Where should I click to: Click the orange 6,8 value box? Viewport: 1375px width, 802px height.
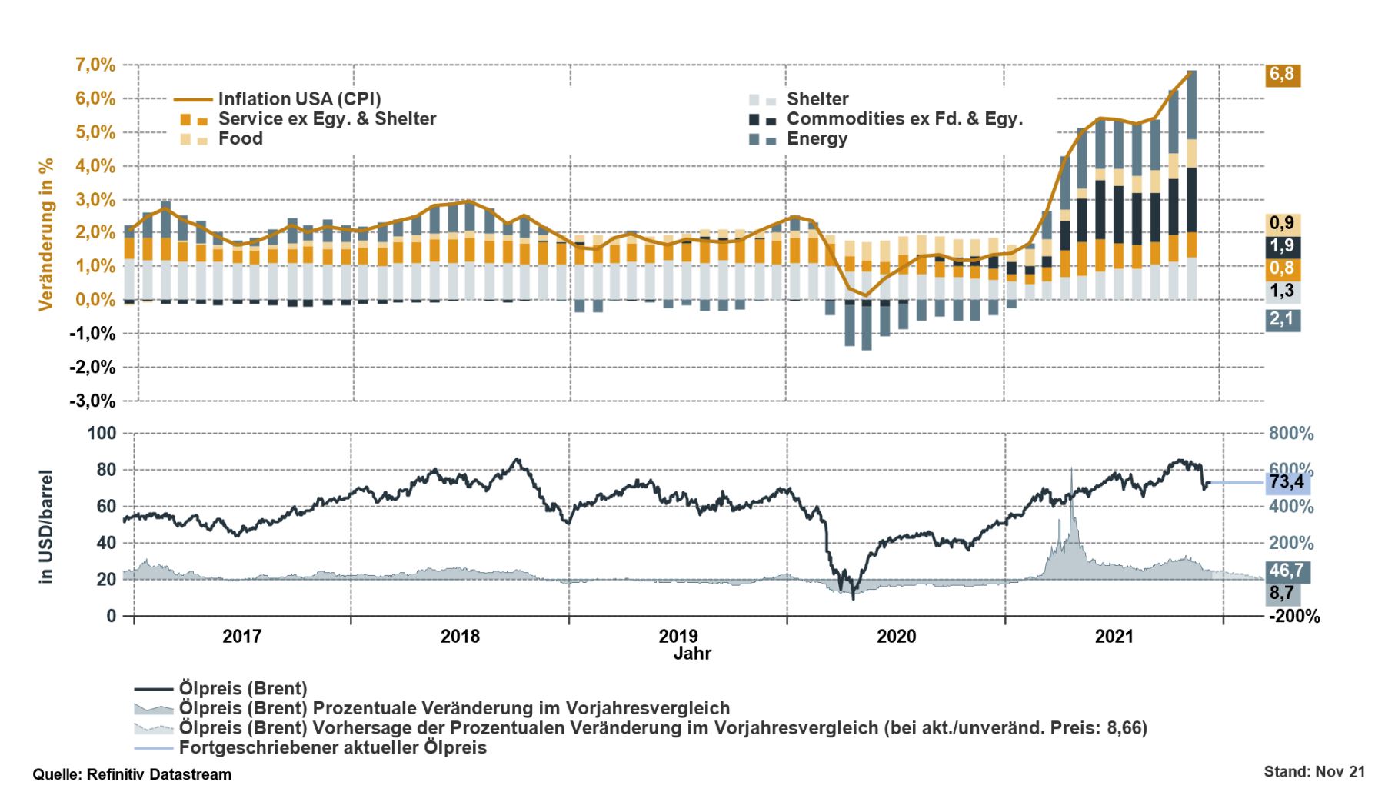coord(1282,75)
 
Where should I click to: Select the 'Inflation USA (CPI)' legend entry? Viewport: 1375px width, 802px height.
coord(299,99)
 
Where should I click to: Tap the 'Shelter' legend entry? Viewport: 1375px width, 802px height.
coord(817,99)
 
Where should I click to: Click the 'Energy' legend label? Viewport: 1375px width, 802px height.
coord(817,139)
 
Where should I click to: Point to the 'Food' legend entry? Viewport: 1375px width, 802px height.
coord(240,139)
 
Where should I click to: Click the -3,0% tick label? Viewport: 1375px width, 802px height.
coord(92,401)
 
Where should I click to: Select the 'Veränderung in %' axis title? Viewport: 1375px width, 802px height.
coord(46,235)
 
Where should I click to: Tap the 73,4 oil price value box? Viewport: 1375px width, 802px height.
coord(1287,482)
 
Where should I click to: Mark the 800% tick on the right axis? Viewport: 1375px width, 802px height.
coord(1291,434)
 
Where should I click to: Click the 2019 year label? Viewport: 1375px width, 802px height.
coord(678,637)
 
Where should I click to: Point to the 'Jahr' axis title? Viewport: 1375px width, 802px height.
coord(692,654)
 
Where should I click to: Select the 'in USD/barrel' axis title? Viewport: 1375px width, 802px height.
coord(46,527)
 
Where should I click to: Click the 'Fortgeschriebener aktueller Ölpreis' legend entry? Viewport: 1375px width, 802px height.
coord(332,748)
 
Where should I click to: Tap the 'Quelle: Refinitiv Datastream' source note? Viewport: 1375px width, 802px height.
coord(132,775)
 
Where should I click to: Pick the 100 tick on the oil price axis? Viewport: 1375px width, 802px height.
coord(102,434)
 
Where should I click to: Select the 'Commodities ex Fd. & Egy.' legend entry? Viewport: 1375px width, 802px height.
coord(904,119)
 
